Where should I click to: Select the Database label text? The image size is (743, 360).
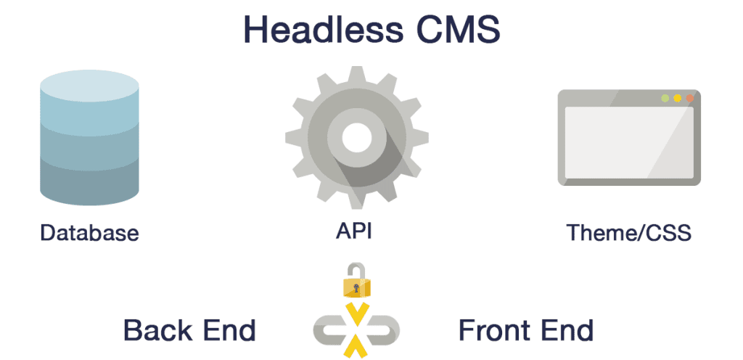coord(89,233)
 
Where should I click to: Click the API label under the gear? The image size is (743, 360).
coord(356,232)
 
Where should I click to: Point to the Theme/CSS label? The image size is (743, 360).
coord(628,233)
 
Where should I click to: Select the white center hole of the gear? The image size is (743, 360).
coord(356,135)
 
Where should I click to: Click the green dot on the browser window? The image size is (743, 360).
coord(665,98)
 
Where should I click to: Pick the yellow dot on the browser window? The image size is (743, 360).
coord(677,98)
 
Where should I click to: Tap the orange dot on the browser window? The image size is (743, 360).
coord(689,98)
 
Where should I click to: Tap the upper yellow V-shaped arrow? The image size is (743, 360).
coord(356,312)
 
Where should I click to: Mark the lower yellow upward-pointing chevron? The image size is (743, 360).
coord(356,348)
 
